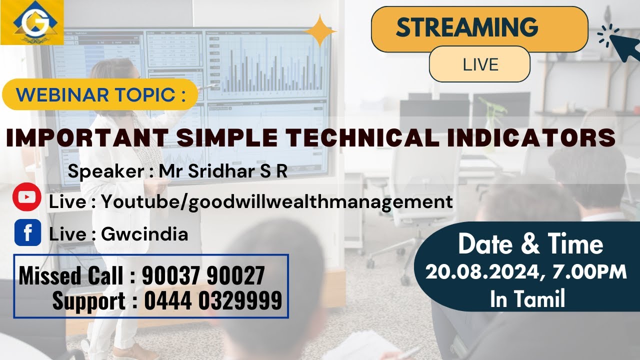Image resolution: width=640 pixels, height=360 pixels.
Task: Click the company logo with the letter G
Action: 31,22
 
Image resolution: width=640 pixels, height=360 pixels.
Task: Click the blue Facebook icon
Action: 27,233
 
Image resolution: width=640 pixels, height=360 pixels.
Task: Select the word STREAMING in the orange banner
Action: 466,27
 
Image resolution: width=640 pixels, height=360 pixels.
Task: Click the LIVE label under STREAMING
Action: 480,64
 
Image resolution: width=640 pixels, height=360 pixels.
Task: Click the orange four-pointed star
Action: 320,30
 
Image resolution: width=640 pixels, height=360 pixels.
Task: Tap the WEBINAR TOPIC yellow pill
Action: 100,94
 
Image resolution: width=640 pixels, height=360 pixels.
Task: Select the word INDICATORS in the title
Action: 531,138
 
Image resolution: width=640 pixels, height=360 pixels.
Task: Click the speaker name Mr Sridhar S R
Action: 223,171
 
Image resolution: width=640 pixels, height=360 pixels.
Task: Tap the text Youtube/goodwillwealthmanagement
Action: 277,201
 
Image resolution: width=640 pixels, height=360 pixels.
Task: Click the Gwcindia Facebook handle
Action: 144,234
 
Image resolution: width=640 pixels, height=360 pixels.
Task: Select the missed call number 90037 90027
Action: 203,275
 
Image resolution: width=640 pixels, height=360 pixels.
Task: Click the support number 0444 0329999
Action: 213,301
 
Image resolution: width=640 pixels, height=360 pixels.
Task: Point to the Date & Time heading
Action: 530,244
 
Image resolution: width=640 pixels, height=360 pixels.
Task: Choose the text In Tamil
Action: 527,299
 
